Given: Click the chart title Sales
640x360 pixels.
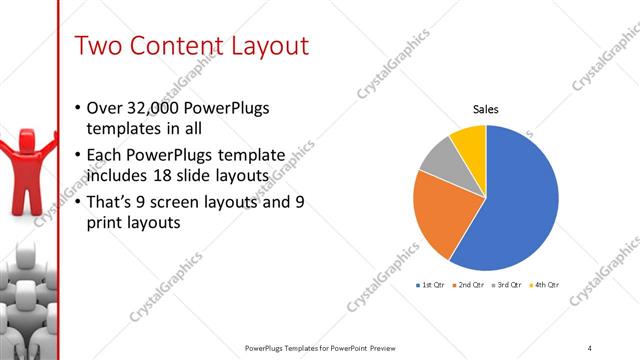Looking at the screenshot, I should point(485,110).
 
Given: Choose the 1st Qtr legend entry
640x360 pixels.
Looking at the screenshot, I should point(432,285).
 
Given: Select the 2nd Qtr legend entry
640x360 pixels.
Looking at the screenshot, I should point(470,285).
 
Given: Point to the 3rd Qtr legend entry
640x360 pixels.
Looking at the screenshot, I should point(508,285).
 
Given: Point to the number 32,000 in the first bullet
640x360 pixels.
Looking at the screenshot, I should point(154,108).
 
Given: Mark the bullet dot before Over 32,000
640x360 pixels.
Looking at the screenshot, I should point(80,108).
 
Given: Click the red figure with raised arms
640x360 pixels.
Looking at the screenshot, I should point(20,170).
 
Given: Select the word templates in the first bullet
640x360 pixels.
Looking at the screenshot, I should point(124,129).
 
